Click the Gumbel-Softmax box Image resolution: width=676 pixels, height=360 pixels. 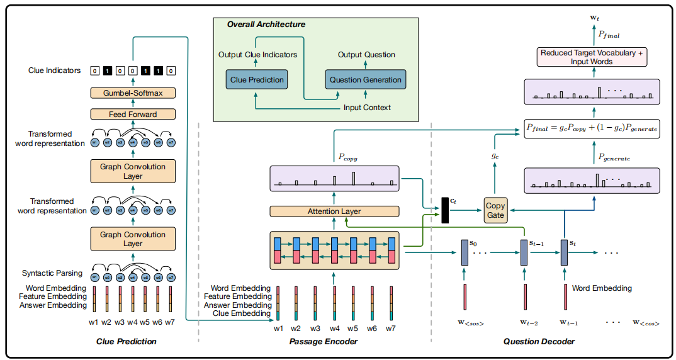[x=132, y=93]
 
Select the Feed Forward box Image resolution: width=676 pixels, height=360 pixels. [x=132, y=114]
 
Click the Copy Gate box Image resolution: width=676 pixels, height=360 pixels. [x=495, y=210]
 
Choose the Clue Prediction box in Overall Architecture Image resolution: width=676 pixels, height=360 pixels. [x=257, y=80]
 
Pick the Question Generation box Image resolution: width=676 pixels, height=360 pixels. [x=365, y=80]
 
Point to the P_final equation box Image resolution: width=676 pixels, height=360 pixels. [x=591, y=128]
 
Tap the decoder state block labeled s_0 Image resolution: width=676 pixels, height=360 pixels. [x=465, y=253]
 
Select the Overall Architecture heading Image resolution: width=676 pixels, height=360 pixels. [x=266, y=25]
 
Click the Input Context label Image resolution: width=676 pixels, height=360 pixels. [x=367, y=108]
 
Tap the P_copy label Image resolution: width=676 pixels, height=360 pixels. [x=347, y=158]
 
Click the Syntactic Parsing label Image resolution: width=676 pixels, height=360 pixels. [x=52, y=273]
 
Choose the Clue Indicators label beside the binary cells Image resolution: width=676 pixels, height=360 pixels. [x=55, y=70]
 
